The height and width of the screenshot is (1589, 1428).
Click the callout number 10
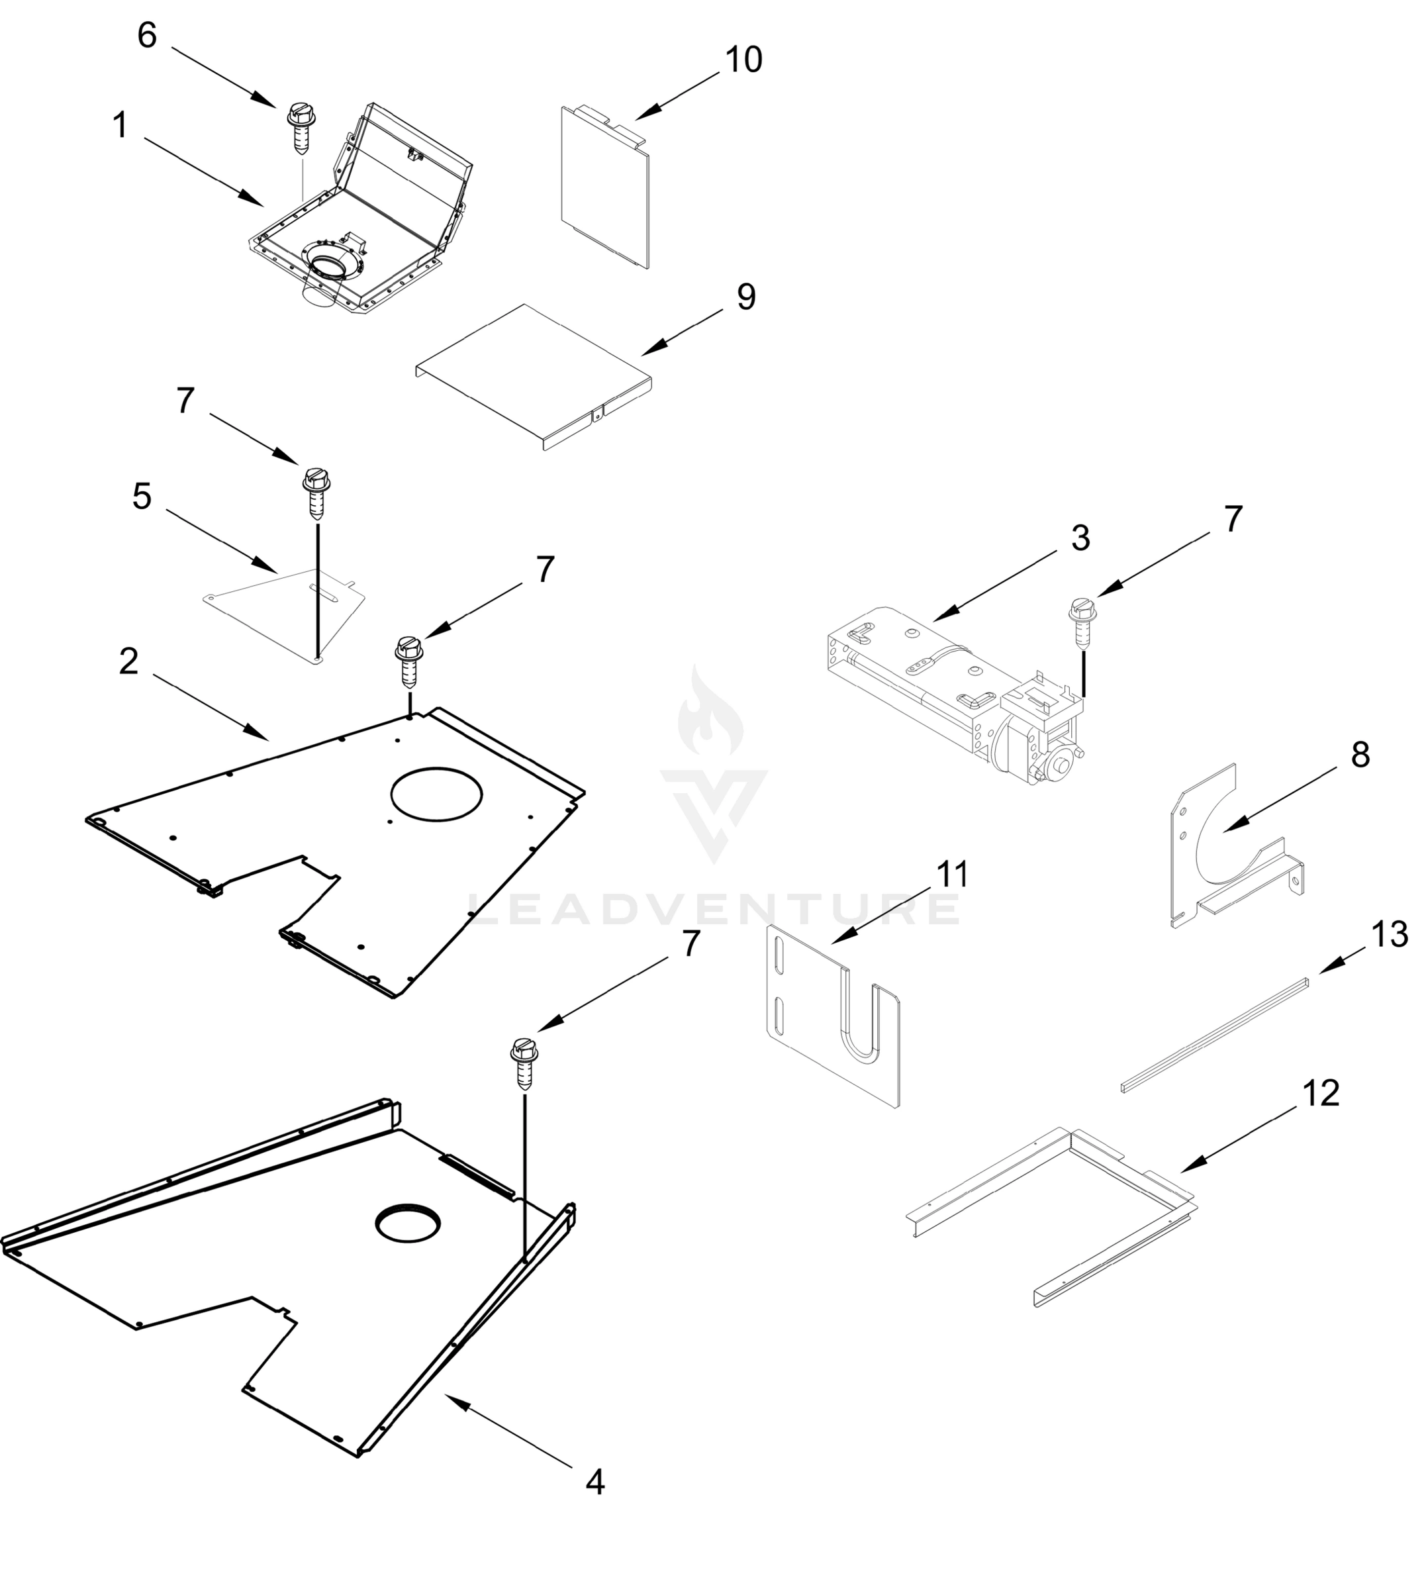click(743, 60)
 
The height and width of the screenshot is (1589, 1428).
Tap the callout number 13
click(1390, 935)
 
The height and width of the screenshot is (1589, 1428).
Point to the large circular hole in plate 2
click(436, 793)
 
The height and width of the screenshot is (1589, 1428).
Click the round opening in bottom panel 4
click(407, 1223)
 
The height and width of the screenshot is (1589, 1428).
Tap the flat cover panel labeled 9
click(534, 375)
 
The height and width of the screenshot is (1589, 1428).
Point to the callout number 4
click(595, 1482)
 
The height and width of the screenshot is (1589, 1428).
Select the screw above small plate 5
click(316, 493)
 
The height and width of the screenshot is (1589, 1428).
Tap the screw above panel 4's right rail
click(524, 1062)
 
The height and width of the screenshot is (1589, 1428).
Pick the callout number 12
click(1321, 1093)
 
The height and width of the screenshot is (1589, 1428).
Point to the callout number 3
click(1080, 538)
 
